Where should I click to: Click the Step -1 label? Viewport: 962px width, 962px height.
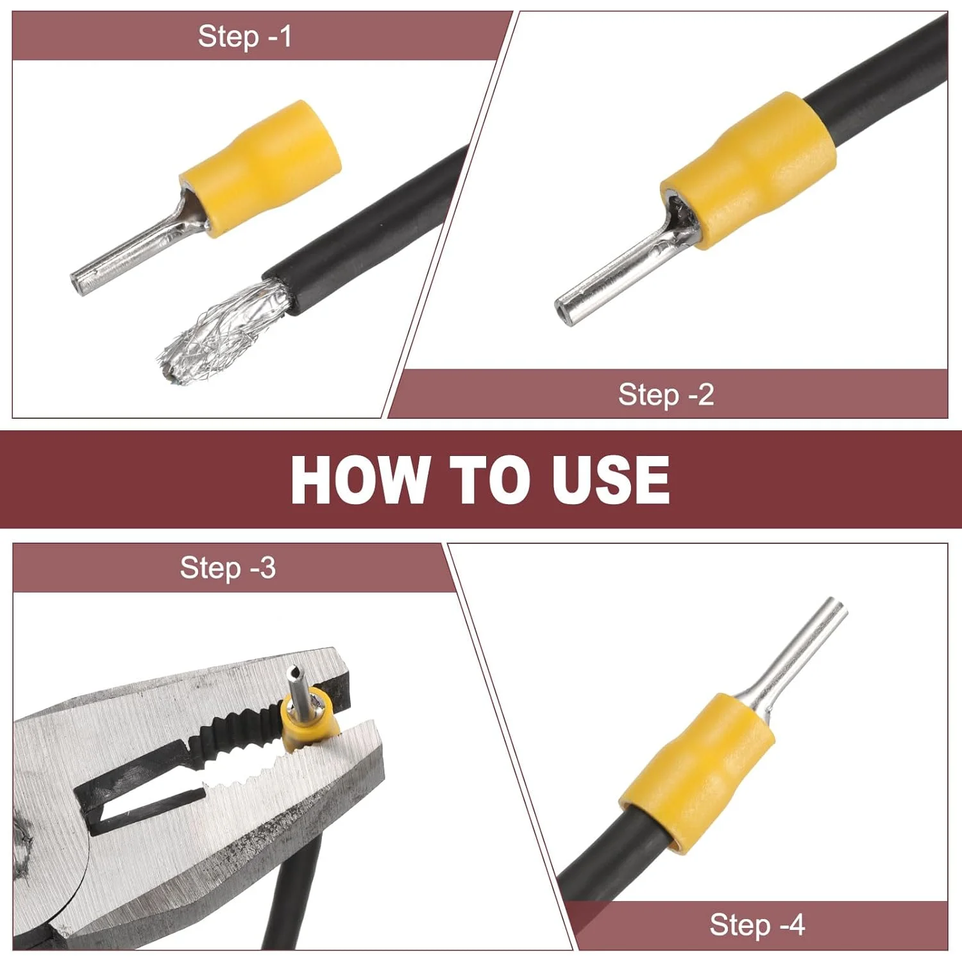(x=245, y=36)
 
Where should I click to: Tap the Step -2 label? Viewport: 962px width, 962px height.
(x=666, y=394)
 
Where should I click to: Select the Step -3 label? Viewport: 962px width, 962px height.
(x=228, y=568)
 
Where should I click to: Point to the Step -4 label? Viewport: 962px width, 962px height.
(x=757, y=924)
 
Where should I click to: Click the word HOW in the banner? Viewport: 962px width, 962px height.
(x=359, y=479)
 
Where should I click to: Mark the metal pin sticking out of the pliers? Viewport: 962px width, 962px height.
(x=298, y=689)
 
